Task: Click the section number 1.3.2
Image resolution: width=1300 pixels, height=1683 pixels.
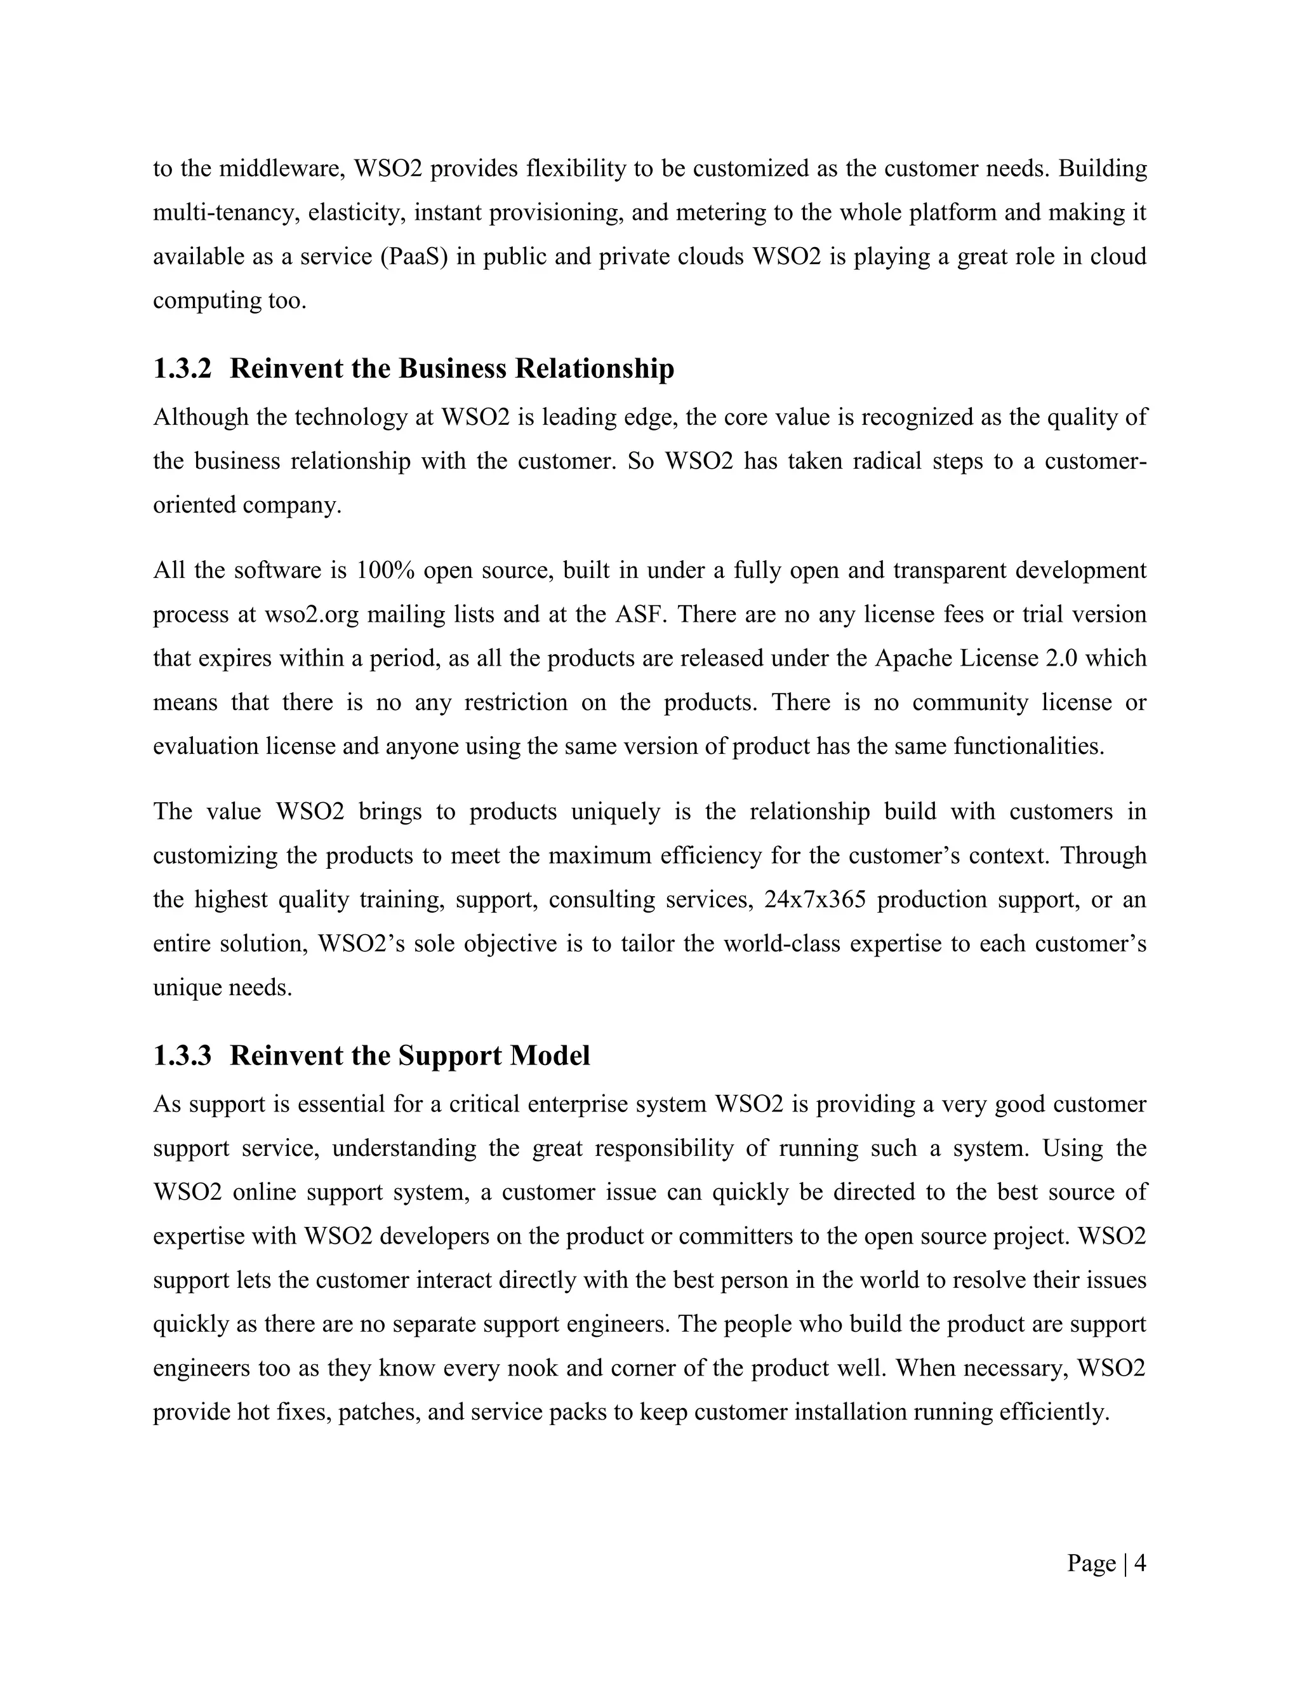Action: (x=182, y=368)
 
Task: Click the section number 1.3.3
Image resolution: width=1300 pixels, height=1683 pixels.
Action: (x=182, y=1055)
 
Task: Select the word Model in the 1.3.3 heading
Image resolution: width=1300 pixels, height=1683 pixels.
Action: (x=549, y=1055)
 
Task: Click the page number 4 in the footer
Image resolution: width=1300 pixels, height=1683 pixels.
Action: (x=1140, y=1563)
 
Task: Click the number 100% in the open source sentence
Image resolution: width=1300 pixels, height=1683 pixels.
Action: (x=387, y=570)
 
